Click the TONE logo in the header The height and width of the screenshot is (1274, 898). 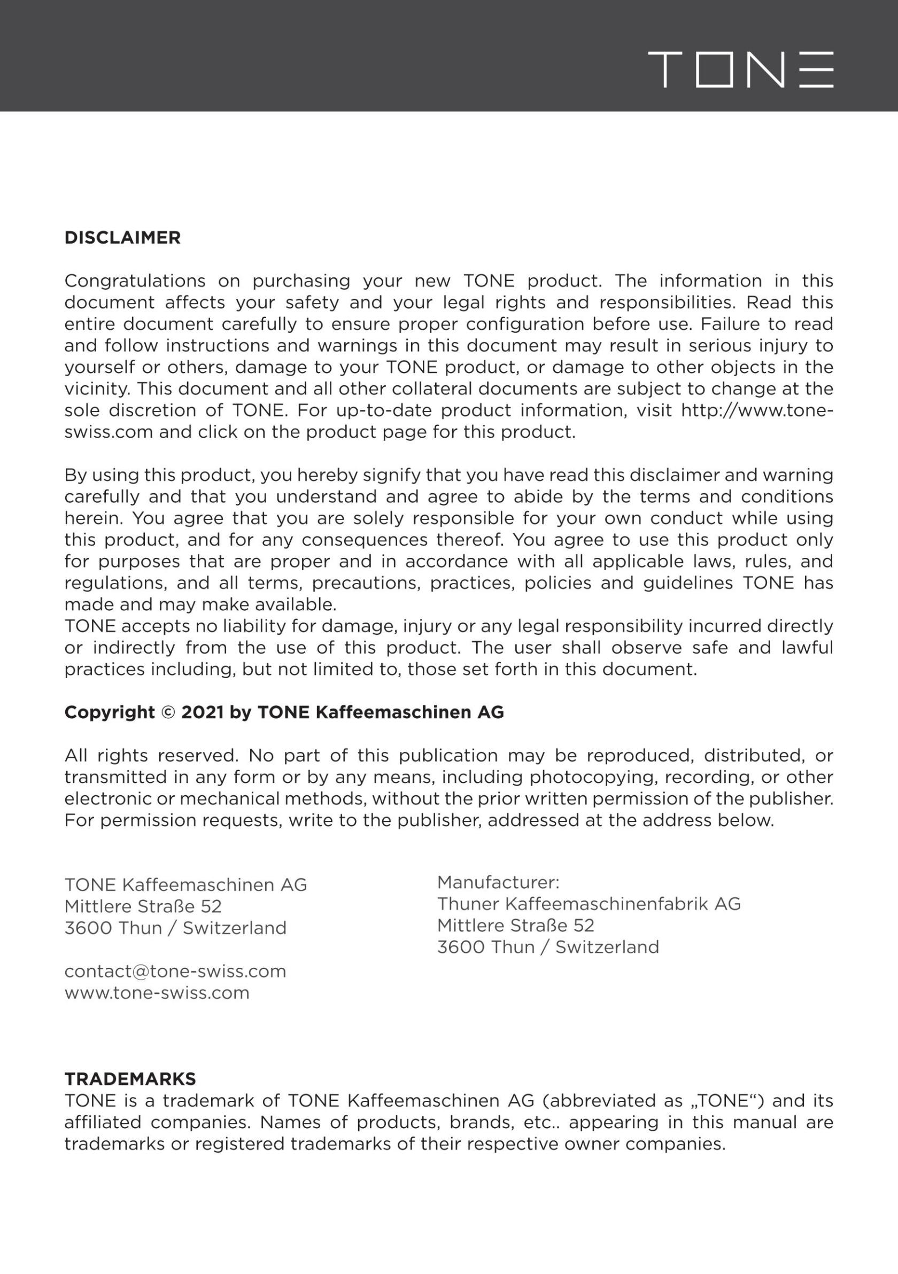[x=740, y=69]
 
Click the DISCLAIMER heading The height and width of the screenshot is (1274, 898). [x=122, y=238]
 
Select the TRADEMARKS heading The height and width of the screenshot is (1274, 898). [x=130, y=1079]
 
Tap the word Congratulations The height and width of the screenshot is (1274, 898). [x=135, y=281]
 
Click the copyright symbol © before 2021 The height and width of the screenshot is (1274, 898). [x=168, y=712]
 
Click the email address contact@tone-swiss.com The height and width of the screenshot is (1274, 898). [x=175, y=971]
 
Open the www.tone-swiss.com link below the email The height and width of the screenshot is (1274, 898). [x=157, y=993]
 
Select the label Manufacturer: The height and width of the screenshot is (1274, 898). [x=498, y=882]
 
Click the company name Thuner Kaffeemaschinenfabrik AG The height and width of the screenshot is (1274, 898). [x=589, y=904]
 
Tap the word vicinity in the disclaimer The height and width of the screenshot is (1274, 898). [x=97, y=389]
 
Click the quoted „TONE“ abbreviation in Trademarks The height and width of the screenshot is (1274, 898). [x=724, y=1100]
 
